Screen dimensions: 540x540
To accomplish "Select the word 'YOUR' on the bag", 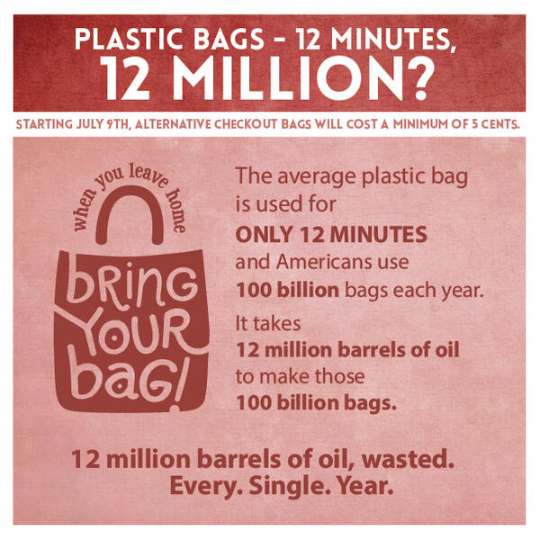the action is (x=132, y=332).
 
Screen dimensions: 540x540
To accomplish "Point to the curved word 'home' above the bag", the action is (x=176, y=211).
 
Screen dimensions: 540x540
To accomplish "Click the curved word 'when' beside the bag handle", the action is (x=85, y=211).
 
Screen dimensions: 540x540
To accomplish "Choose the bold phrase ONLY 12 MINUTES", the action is (x=331, y=235).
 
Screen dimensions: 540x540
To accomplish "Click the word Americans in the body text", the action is (x=324, y=262).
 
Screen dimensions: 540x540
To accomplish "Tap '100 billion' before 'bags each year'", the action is (x=288, y=291).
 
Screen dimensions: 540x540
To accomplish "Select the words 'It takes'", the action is (x=268, y=323).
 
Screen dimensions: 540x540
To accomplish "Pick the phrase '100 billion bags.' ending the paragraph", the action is (x=316, y=403).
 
